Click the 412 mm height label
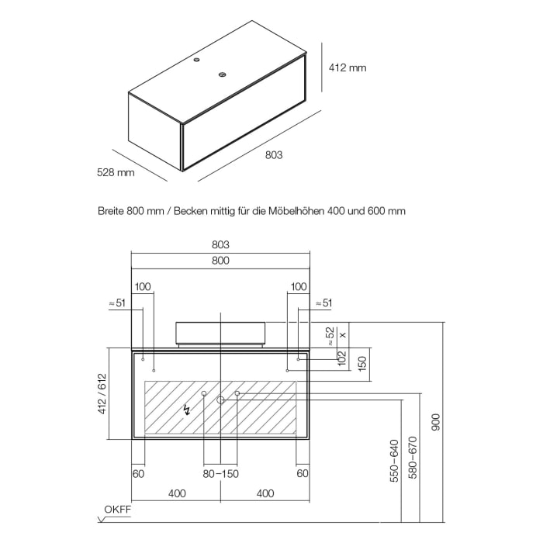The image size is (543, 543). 348,67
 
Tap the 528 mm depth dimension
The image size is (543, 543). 116,172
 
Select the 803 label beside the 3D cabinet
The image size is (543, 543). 274,155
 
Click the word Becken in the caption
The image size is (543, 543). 191,211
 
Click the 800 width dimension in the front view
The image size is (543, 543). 220,261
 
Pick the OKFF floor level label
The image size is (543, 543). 118,510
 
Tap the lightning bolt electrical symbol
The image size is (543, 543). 187,410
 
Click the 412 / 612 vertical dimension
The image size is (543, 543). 102,394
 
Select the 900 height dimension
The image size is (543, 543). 436,422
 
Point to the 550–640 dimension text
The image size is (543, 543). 394,461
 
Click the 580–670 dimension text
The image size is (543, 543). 413,458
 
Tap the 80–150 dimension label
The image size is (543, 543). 221,474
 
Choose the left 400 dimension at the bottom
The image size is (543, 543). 177,493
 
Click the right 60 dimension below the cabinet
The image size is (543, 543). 303,473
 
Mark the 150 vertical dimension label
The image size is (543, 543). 361,364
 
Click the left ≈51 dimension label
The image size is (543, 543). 117,303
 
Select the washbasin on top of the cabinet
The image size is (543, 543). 220,334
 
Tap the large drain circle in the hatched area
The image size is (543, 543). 220,400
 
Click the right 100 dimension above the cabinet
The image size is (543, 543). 299,287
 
